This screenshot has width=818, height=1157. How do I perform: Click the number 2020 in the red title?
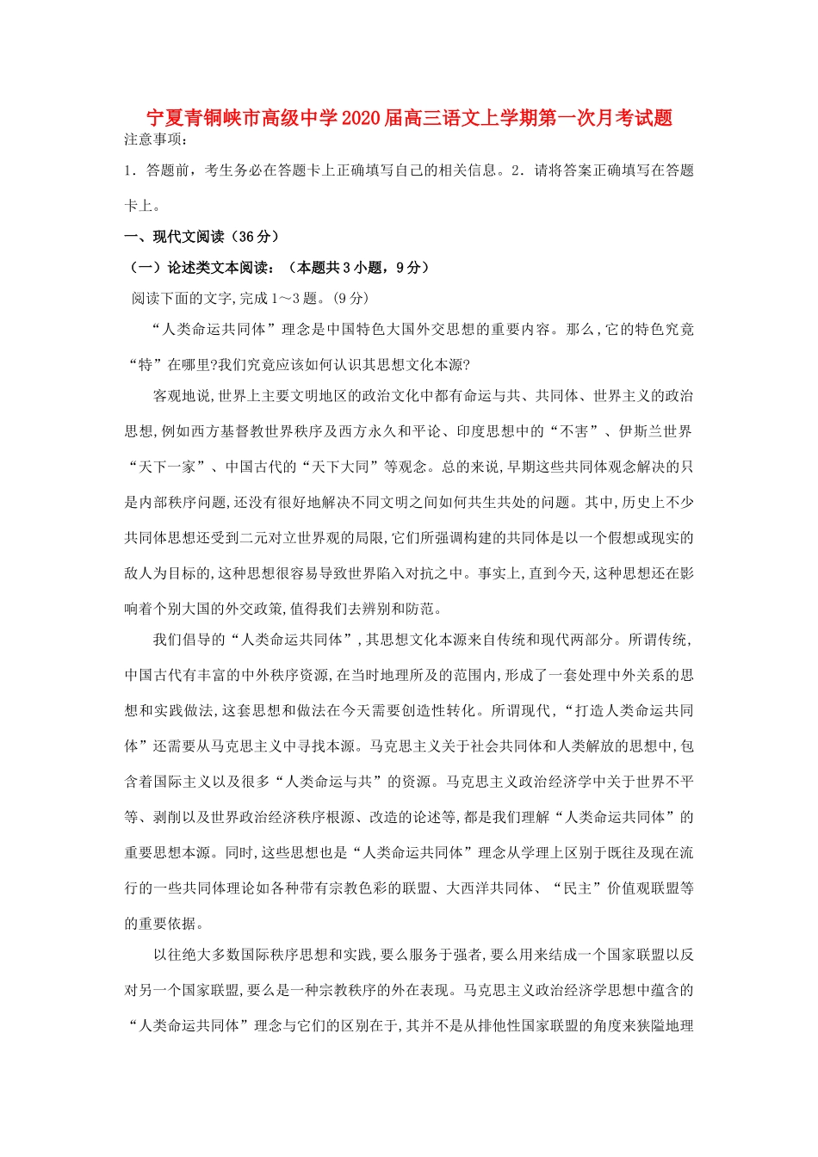coord(362,119)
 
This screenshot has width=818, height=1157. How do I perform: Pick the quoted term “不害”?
coord(575,431)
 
